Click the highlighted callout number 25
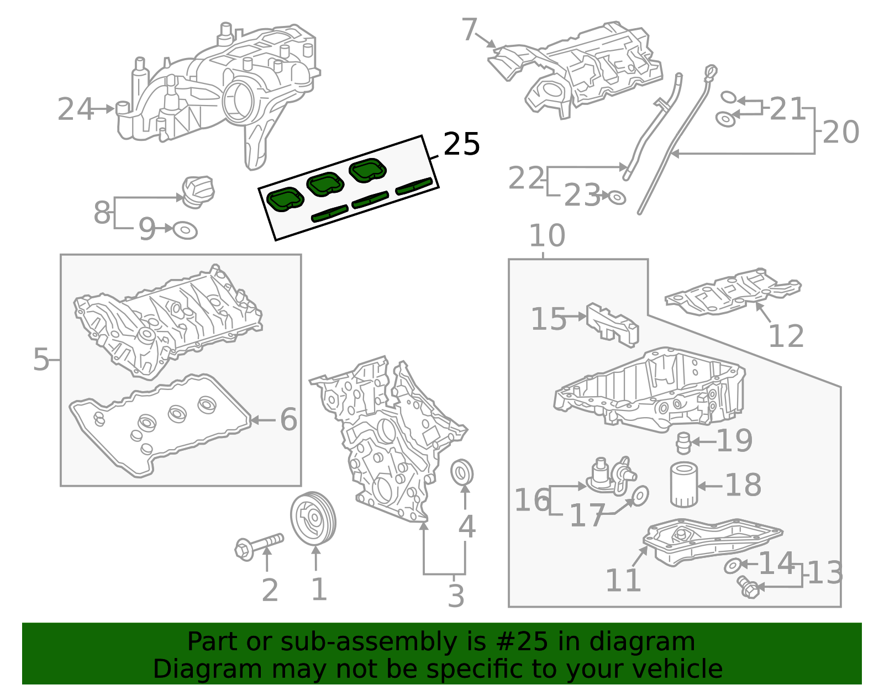[x=461, y=145]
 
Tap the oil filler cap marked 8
[x=198, y=191]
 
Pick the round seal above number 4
[x=461, y=472]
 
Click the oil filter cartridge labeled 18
[x=683, y=485]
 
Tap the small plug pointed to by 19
[x=683, y=443]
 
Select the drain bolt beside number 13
[x=746, y=587]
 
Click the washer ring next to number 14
[x=733, y=565]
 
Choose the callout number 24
[x=75, y=109]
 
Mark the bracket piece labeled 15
[x=612, y=325]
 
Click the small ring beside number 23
[x=617, y=197]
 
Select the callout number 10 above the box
[x=546, y=236]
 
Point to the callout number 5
[x=41, y=360]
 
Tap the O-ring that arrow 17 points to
[x=640, y=496]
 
